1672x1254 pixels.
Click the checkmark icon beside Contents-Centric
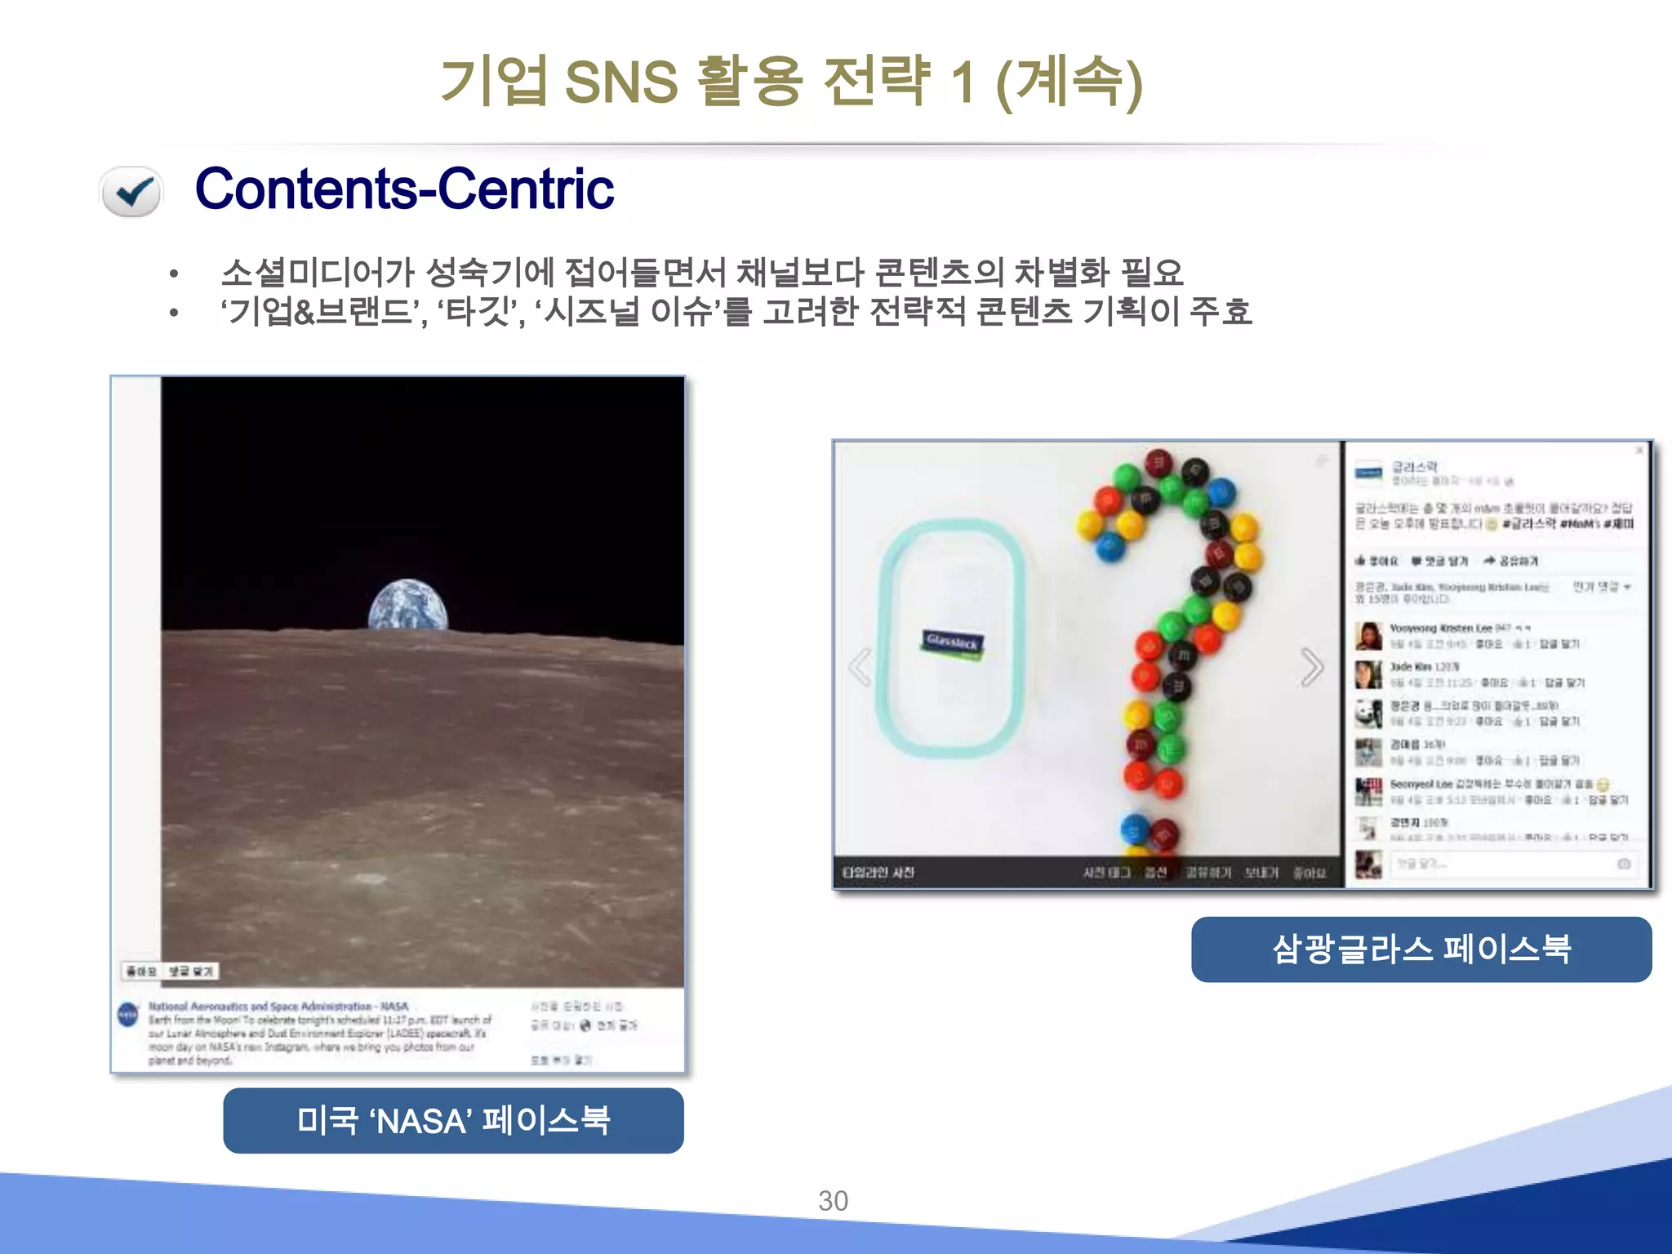click(131, 192)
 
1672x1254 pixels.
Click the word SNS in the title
click(620, 82)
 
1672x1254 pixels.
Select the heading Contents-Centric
click(404, 189)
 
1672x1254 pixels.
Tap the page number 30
click(834, 1201)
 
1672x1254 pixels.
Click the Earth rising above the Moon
click(408, 605)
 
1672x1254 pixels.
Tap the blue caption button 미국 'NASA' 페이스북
click(453, 1120)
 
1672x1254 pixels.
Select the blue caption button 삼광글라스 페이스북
click(1421, 949)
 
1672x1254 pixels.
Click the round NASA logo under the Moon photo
click(128, 1015)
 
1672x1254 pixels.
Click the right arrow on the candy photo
click(1311, 667)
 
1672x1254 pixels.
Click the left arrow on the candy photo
click(860, 667)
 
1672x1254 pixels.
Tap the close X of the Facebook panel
click(1639, 451)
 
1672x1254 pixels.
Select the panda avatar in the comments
click(1368, 713)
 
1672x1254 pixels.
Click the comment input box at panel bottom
click(1510, 864)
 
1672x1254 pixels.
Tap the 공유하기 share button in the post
click(1511, 561)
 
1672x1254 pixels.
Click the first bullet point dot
click(173, 274)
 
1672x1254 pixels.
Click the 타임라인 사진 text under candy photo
click(878, 873)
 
